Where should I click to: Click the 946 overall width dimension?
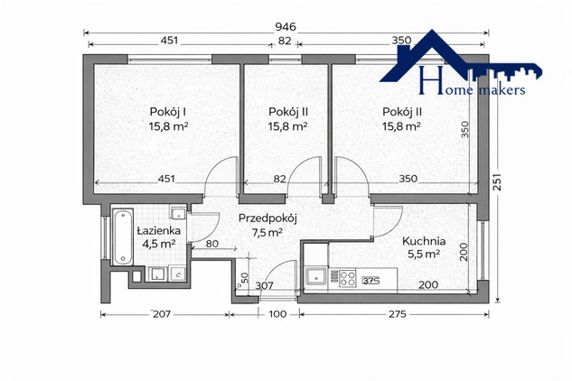coord(286,27)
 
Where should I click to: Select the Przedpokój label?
coord(267,218)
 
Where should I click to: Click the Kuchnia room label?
coord(424,241)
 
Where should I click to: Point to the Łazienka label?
coord(159,230)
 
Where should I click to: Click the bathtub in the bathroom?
coord(122,237)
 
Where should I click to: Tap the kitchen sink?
coord(316,277)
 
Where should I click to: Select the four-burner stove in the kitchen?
coord(347,278)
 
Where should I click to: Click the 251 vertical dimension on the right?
coord(498,181)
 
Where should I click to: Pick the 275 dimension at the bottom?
coord(398,314)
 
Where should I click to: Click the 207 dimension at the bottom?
coord(162,314)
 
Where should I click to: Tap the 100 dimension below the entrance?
coord(277,314)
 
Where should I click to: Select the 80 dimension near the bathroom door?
coord(212,244)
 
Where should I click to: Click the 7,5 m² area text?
coord(267,232)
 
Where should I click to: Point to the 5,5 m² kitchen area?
coord(423,254)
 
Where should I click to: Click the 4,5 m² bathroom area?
coord(159,244)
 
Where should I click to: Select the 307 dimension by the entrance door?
coord(264,285)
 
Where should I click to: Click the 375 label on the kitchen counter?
coord(371,281)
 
